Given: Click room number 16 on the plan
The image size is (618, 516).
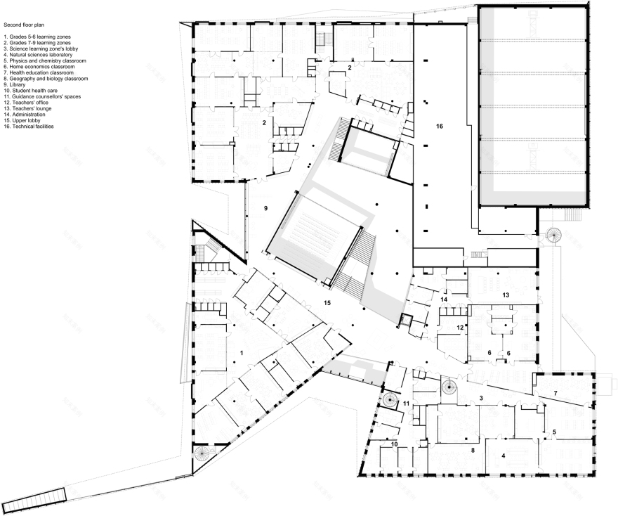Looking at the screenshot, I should click(440, 127).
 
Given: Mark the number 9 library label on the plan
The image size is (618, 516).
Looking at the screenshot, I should click(265, 209).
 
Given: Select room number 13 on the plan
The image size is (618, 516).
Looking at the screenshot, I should click(505, 296).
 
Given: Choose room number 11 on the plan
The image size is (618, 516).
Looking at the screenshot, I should click(407, 403).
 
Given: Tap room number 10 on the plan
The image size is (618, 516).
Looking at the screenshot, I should click(394, 445).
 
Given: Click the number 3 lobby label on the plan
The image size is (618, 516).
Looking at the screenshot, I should click(481, 399).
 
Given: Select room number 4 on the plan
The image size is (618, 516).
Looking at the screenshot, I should click(504, 456).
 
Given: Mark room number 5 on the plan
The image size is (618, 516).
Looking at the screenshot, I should click(554, 432).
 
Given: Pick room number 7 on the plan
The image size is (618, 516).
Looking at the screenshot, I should click(555, 393).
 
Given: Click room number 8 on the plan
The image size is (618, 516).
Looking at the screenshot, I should click(473, 449).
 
